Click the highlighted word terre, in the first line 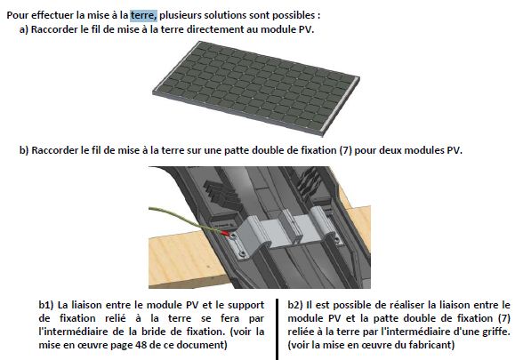tap(143, 15)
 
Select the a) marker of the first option tap(24, 29)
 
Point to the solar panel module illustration tap(256, 88)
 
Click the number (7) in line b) tap(345, 150)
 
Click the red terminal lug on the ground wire tap(226, 233)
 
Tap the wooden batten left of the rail tap(184, 260)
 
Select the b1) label tap(46, 305)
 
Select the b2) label tap(295, 305)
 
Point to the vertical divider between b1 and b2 tap(278, 329)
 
